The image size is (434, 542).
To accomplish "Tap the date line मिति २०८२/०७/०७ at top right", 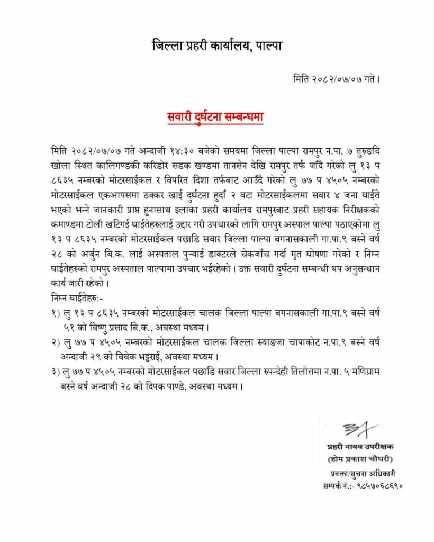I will pos(336,79).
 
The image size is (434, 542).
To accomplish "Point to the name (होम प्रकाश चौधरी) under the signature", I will pos(361,458).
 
